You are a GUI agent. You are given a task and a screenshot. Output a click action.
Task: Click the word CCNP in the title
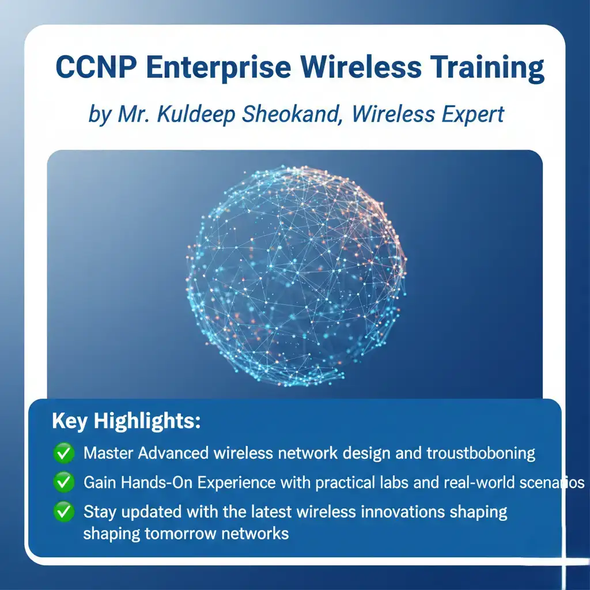[96, 67]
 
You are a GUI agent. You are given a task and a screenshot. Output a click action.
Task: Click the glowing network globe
[297, 275]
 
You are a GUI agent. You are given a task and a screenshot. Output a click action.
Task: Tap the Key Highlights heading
[126, 421]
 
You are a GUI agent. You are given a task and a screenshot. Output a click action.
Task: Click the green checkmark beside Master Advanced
[63, 453]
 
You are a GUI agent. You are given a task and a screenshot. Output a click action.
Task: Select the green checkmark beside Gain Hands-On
[63, 482]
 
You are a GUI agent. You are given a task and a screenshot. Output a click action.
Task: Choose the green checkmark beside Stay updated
[63, 512]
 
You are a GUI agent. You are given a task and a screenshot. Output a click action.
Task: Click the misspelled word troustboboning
[481, 453]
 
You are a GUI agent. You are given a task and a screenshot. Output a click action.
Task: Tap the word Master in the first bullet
[108, 453]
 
